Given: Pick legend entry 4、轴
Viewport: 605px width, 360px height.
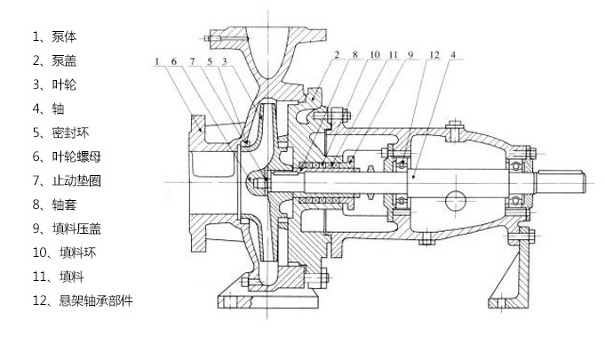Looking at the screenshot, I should coord(49,108).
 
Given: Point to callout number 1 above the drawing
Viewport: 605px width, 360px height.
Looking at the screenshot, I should coord(155,61).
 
